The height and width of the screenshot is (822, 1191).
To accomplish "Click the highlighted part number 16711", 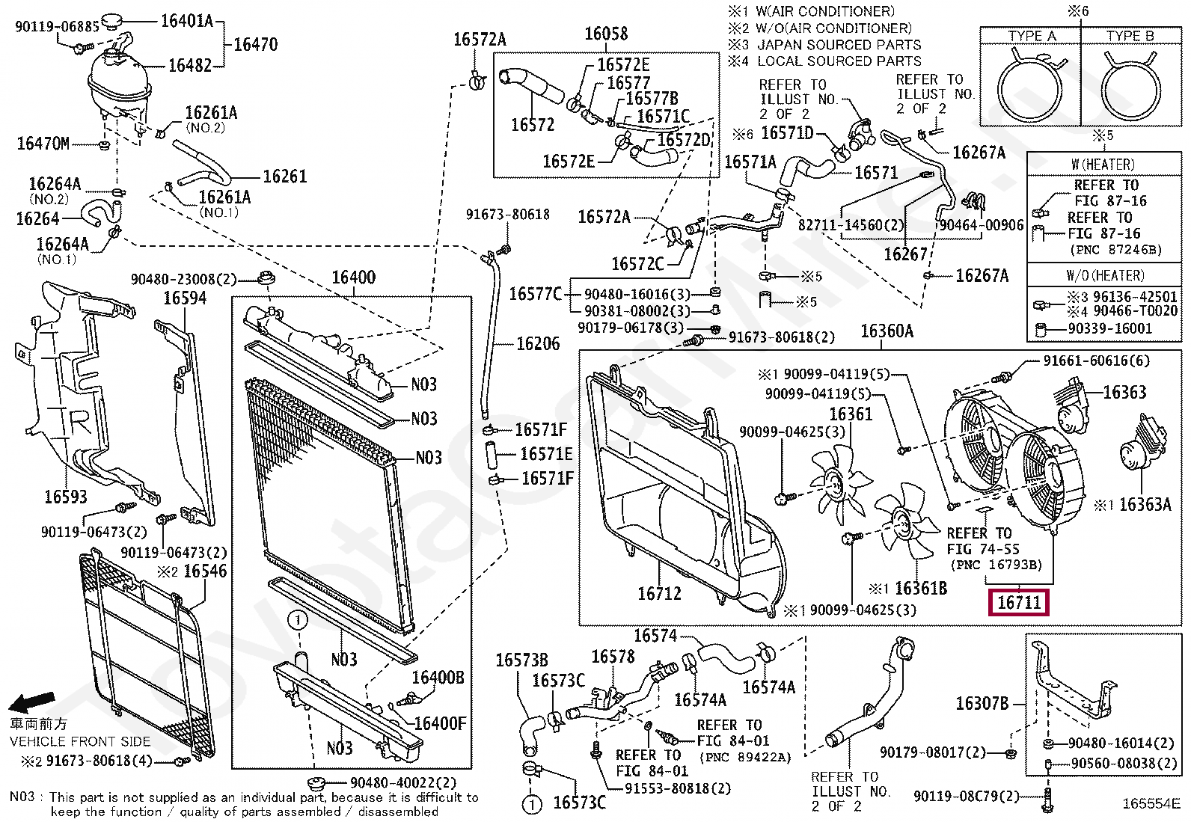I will coord(1019,602).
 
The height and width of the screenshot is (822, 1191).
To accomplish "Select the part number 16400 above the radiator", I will coord(353,278).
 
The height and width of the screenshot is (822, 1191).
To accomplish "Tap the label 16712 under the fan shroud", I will coord(659,594).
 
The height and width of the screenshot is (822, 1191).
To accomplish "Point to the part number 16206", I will coord(538,344).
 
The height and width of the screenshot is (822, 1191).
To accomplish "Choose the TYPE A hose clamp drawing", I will coord(1032,88).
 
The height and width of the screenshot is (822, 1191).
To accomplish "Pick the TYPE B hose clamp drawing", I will coord(1131,88).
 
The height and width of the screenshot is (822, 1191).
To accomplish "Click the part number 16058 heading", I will coord(606,34).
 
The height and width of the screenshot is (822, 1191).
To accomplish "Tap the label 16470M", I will coord(43,144).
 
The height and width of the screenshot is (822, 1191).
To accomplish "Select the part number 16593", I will coord(66,497).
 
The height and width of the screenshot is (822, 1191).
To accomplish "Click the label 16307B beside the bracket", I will coord(982,704).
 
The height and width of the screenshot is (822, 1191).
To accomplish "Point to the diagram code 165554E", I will coord(1151,804).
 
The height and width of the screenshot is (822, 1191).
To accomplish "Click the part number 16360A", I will coord(887,331).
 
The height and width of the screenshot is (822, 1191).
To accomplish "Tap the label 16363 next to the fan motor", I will coord(1124,393).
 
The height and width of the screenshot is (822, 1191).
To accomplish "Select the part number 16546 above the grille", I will coord(204,571).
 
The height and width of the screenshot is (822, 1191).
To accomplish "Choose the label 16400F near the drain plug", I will coord(440,723).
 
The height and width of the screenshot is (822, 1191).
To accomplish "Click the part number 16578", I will coord(613,657).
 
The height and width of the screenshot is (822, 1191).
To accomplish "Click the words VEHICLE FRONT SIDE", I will coord(80,742).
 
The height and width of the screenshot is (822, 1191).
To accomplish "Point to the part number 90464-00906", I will coord(981,225).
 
